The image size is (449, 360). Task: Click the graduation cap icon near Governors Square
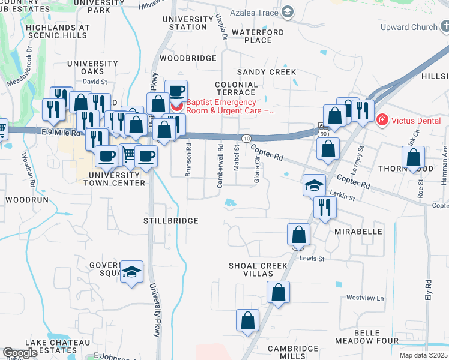click(x=131, y=272)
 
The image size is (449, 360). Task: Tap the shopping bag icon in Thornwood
click(x=414, y=157)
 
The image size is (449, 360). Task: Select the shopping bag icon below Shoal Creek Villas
click(x=278, y=293)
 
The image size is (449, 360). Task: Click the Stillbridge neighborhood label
click(x=171, y=221)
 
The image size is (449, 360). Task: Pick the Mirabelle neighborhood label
click(x=359, y=231)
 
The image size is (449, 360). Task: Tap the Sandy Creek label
click(x=267, y=72)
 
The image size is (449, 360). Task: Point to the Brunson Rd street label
click(x=188, y=159)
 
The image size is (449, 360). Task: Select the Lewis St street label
click(x=312, y=259)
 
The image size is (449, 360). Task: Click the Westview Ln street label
click(x=365, y=298)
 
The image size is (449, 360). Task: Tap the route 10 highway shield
click(x=247, y=139)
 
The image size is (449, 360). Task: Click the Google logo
click(x=20, y=353)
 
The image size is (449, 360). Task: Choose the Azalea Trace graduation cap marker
click(x=288, y=11)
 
